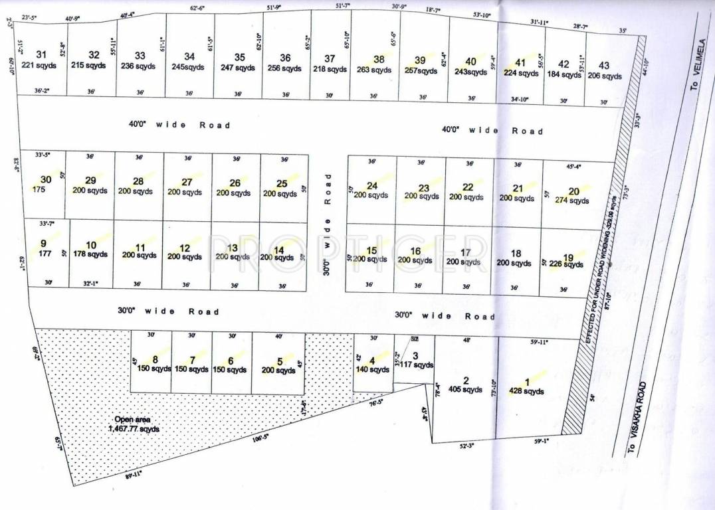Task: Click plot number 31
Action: pos(41,54)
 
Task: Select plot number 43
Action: pos(604,65)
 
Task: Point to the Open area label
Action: pos(133,419)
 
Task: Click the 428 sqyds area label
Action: pos(526,391)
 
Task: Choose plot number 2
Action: pos(466,381)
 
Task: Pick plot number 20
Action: pos(573,191)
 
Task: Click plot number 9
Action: pos(43,243)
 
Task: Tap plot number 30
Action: pos(45,179)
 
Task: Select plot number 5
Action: pos(280,361)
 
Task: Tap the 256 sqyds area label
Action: pos(285,68)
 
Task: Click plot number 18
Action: pos(515,253)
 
